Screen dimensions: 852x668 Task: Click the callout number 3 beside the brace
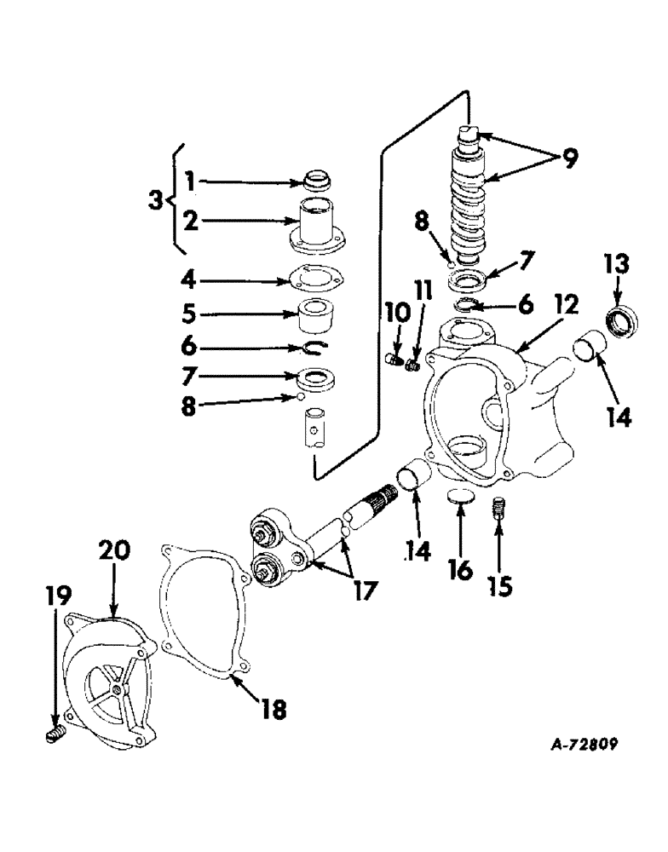(x=153, y=201)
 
